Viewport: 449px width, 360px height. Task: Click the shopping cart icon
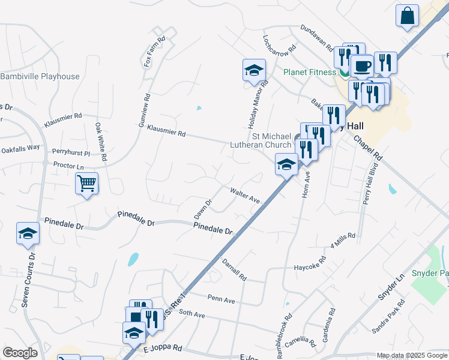pyautogui.click(x=87, y=184)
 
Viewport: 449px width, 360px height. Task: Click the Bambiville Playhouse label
pyautogui.click(x=40, y=76)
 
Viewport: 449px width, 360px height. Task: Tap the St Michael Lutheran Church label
pyautogui.click(x=261, y=140)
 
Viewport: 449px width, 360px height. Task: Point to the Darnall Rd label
pyautogui.click(x=234, y=269)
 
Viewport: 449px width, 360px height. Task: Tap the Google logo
pyautogui.click(x=20, y=352)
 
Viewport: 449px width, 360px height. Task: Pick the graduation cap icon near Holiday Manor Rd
pyautogui.click(x=253, y=70)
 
